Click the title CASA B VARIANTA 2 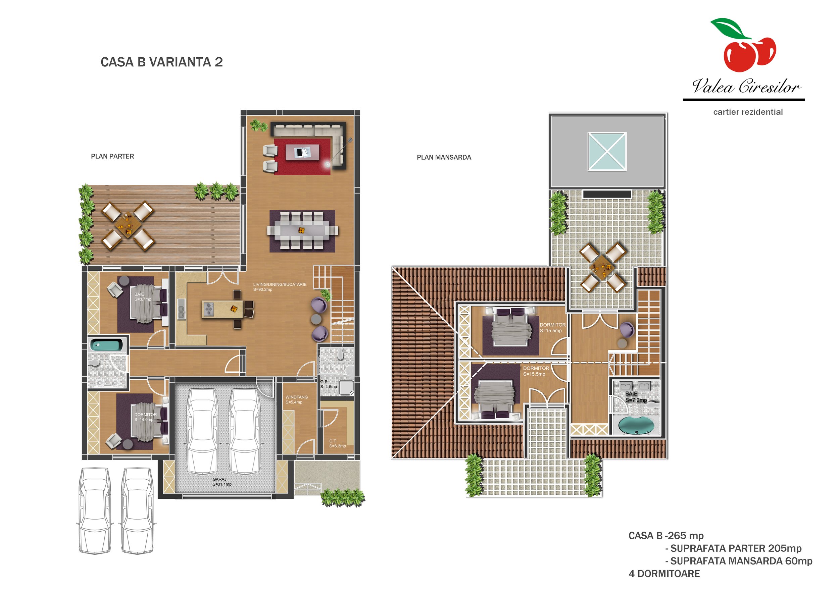pos(161,62)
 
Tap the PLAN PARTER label pos(112,156)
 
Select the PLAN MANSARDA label pos(444,157)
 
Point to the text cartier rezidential pos(748,112)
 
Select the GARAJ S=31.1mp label pos(222,482)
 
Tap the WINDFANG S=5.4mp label pos(296,399)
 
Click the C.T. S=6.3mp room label pos(337,443)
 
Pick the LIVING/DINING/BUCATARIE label pos(280,287)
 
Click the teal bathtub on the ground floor pos(106,344)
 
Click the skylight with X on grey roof pos(607,152)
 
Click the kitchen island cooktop pos(209,309)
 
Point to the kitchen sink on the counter pos(181,309)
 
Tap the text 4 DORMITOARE pos(664,574)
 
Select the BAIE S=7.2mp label pos(636,397)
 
